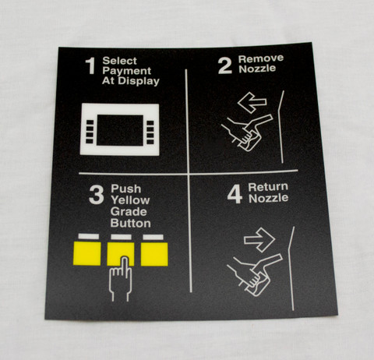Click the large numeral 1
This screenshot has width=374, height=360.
pos(90,65)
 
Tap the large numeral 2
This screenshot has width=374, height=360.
pos(224,65)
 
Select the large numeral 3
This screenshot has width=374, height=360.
pos(97,195)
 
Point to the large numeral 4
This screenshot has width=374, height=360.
pos(235,194)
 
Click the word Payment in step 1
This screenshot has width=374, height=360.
pos(127,71)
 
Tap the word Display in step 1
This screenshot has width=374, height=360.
pos(139,81)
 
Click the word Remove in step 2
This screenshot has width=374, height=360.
pos(261,58)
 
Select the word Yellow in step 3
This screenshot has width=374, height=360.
pos(130,200)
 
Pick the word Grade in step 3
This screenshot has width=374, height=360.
pos(129,212)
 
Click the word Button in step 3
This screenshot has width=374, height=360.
pos(131,224)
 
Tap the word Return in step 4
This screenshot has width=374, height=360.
pos(268,187)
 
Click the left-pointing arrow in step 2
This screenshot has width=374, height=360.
pos(252,102)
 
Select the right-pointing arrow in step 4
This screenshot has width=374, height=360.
pos(259,240)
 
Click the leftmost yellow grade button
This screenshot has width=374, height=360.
pos(87,253)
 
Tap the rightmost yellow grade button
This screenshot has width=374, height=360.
pos(154,254)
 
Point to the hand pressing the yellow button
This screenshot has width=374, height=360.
pos(121,279)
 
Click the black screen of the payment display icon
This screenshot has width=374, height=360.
pos(120,130)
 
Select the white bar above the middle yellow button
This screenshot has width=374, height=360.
pos(121,237)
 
